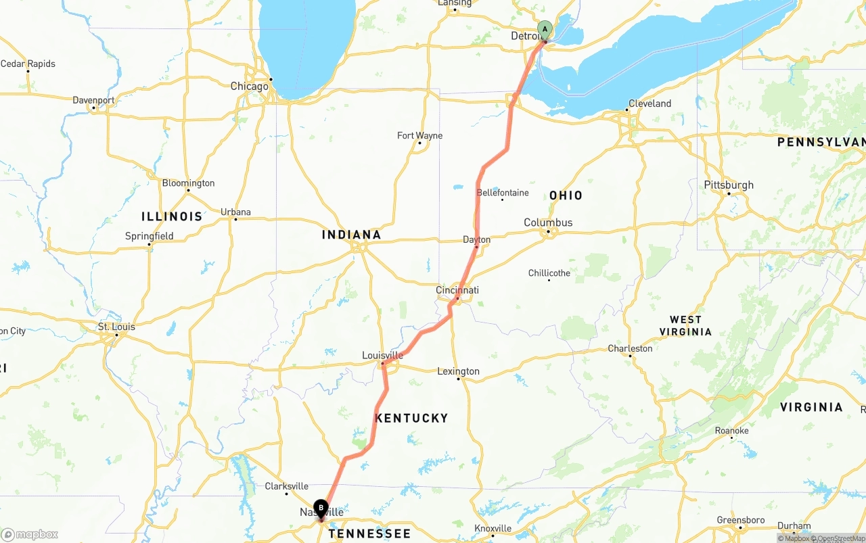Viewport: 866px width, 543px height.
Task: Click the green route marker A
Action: [545, 30]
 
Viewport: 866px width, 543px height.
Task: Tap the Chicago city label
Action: [249, 87]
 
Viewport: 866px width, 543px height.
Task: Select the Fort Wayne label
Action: [419, 136]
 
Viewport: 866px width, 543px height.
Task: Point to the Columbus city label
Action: [548, 222]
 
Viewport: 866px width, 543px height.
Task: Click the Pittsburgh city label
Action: [729, 185]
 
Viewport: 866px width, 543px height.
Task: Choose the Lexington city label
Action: [458, 371]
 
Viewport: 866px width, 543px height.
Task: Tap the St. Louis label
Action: [116, 327]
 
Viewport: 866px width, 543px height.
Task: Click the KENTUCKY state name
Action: [411, 418]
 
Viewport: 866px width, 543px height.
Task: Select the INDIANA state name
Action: [351, 235]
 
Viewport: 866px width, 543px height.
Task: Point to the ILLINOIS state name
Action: [172, 216]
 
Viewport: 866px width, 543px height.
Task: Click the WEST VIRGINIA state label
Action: [685, 325]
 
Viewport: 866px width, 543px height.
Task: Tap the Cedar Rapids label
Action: [28, 64]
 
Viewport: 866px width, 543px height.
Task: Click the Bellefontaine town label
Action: [503, 193]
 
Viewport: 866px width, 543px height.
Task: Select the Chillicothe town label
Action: [549, 273]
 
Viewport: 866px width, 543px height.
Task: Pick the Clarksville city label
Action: [286, 486]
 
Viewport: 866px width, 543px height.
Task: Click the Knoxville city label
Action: [493, 528]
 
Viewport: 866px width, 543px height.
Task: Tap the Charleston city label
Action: [630, 348]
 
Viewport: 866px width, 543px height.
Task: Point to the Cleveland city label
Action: [649, 103]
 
